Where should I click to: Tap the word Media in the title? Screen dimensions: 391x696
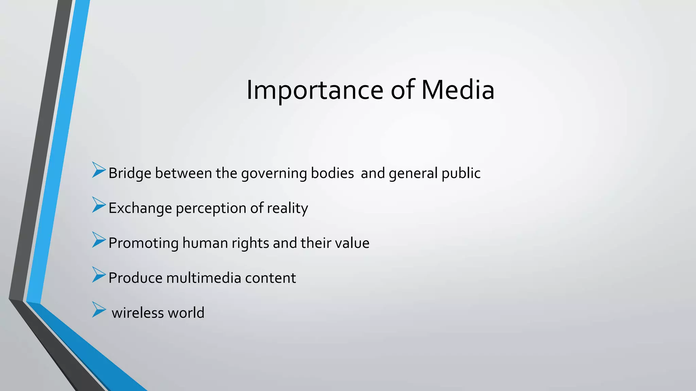click(458, 90)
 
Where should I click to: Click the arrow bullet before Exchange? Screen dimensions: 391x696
click(99, 205)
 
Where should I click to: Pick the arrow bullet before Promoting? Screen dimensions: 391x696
click(99, 240)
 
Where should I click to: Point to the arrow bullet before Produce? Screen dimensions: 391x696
click(99, 275)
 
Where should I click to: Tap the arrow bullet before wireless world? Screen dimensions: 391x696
click(99, 310)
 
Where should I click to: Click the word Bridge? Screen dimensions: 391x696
click(130, 173)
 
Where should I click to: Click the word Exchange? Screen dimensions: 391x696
click(140, 208)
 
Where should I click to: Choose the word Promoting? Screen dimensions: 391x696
click(143, 243)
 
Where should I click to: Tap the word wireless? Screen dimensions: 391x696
click(138, 313)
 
